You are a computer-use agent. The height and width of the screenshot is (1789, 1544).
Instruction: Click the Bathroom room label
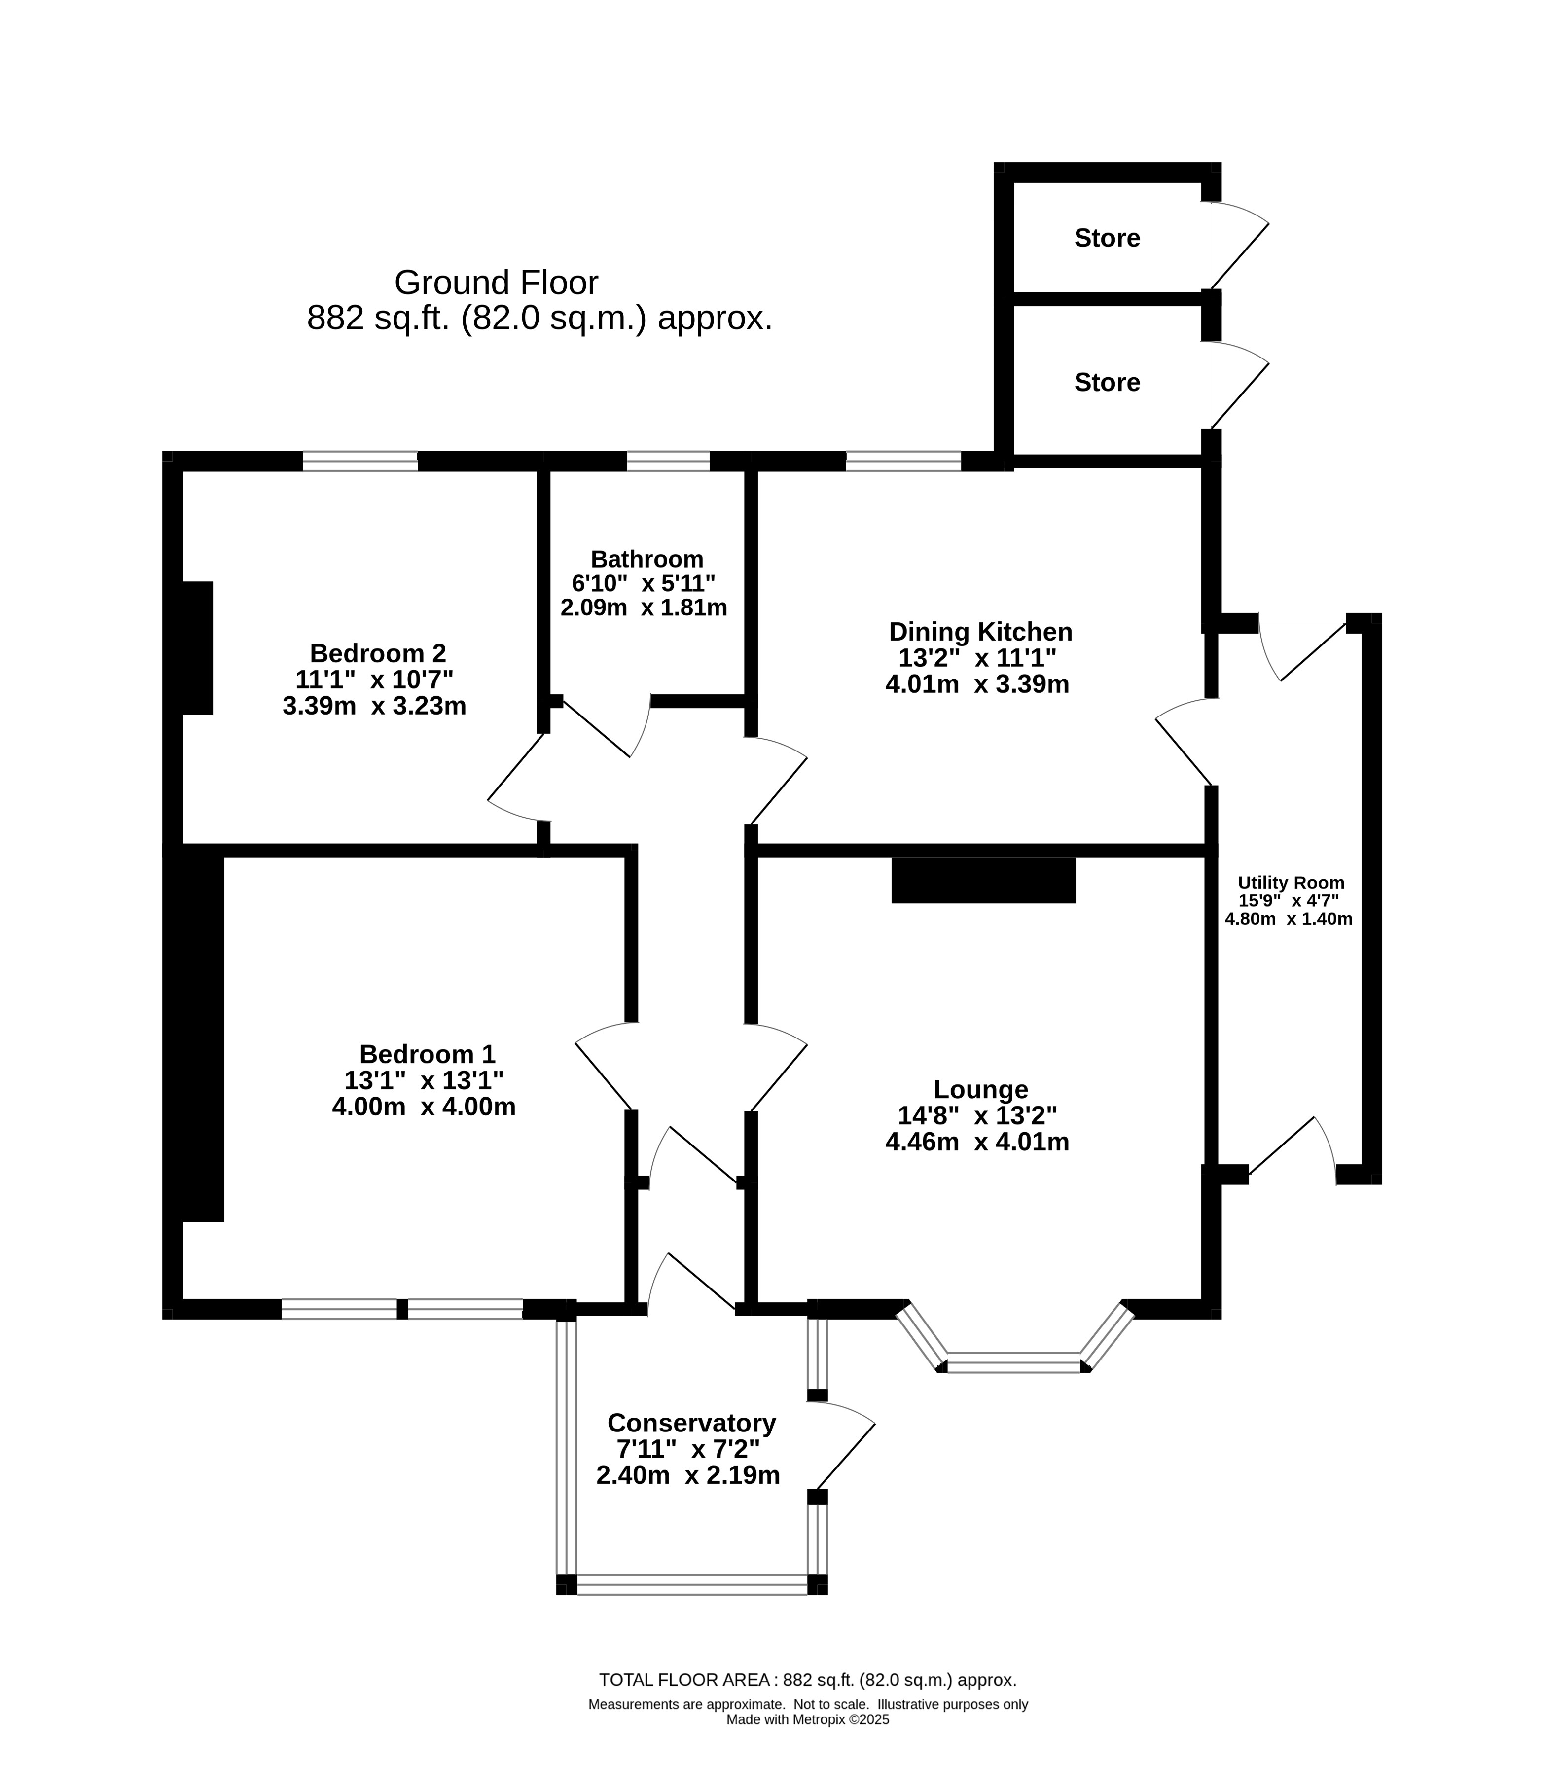(647, 560)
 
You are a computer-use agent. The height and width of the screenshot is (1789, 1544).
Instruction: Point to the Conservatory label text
(692, 1422)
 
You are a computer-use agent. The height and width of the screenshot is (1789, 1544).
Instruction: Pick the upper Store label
(1107, 238)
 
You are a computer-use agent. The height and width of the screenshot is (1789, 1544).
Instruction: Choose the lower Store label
(1107, 383)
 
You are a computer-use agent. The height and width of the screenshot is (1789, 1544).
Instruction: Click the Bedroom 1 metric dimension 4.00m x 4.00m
(424, 1107)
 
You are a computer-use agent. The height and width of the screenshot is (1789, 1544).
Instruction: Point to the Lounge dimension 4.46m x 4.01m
(977, 1143)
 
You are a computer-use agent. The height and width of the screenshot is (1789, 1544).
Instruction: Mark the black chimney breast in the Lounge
(984, 880)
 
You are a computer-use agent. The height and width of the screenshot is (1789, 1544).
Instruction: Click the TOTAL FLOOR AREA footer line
(807, 1704)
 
